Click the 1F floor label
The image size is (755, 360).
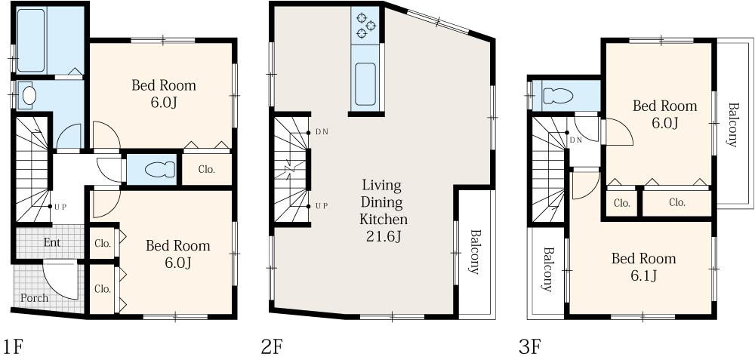point(13,346)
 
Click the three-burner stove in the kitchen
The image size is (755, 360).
point(365,26)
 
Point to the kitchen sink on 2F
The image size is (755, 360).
point(365,85)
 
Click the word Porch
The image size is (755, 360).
point(34,298)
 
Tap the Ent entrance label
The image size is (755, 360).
point(52,242)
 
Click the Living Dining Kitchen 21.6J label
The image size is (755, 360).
point(384,211)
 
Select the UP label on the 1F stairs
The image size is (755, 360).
point(59,207)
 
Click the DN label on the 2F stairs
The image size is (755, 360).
point(322,132)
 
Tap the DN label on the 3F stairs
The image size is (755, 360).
point(576,140)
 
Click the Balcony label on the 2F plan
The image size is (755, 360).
point(474,251)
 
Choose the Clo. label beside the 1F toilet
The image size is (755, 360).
point(206,169)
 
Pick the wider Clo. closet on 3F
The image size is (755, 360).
point(677,202)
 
